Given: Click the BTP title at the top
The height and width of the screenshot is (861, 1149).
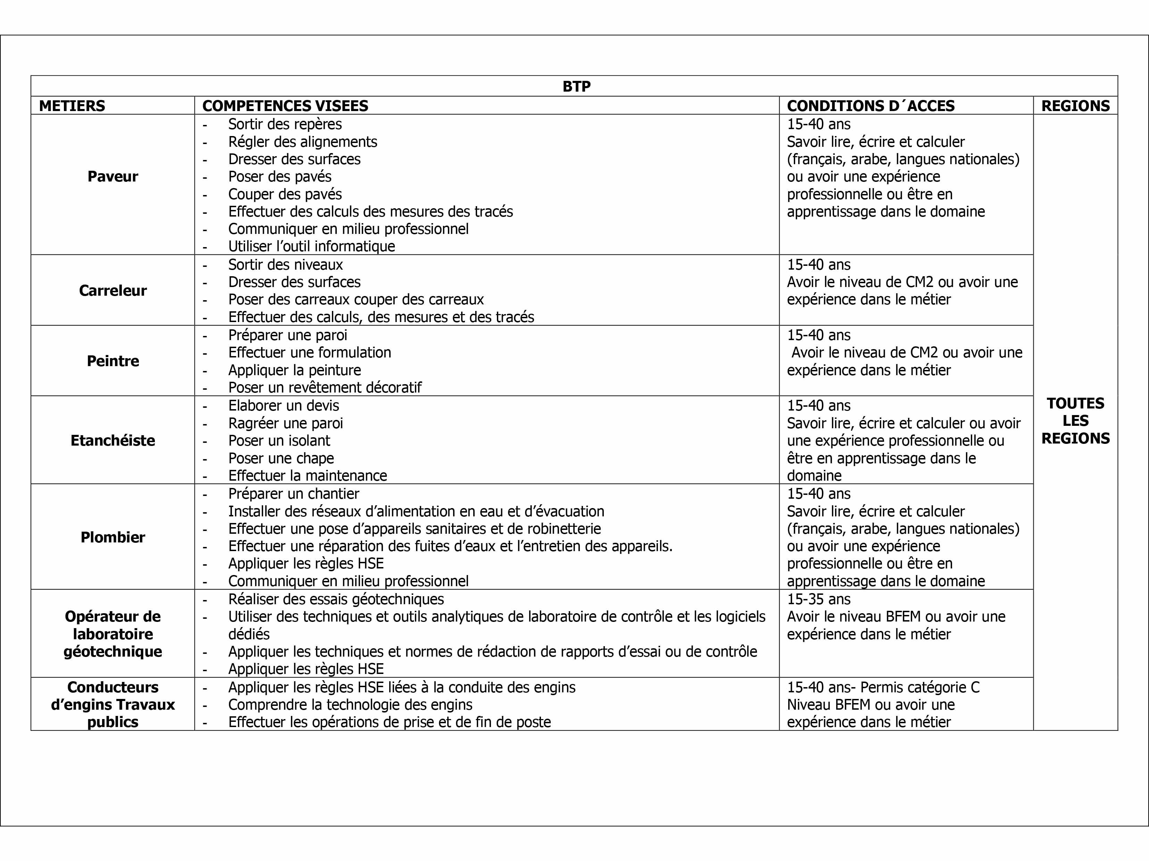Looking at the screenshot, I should pos(576,86).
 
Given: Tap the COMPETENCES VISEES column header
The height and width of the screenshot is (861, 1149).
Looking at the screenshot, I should pos(285,106).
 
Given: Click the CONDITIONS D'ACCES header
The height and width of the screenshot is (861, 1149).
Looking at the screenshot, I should pos(871,106).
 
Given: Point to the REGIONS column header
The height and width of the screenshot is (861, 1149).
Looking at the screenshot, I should pos(1075,106).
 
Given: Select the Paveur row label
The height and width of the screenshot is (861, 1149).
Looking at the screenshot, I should pos(113,177).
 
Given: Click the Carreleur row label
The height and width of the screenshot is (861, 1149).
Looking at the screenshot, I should pos(113,290).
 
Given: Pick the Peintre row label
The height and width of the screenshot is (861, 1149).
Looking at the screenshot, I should pos(113,361).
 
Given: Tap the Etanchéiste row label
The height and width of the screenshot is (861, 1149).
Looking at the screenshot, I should pos(113,440).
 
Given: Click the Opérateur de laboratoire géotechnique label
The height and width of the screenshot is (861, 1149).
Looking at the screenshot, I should pos(113,634).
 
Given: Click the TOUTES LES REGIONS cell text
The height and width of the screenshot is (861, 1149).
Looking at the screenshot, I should pos(1075,421).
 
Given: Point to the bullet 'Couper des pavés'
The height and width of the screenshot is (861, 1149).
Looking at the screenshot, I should pos(285,194).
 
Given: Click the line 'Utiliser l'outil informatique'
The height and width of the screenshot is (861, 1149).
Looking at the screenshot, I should pos(312,246).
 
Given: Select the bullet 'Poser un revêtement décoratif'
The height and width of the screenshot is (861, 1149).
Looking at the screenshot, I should pos(325,387).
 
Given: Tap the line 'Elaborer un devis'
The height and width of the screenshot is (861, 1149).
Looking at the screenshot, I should pos(284,406).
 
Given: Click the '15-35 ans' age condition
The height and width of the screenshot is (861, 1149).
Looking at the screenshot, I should pos(819,599).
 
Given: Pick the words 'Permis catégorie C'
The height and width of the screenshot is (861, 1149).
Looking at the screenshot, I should pos(920,687).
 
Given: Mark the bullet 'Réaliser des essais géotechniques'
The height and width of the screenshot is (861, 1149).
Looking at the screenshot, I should pos(336,599).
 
